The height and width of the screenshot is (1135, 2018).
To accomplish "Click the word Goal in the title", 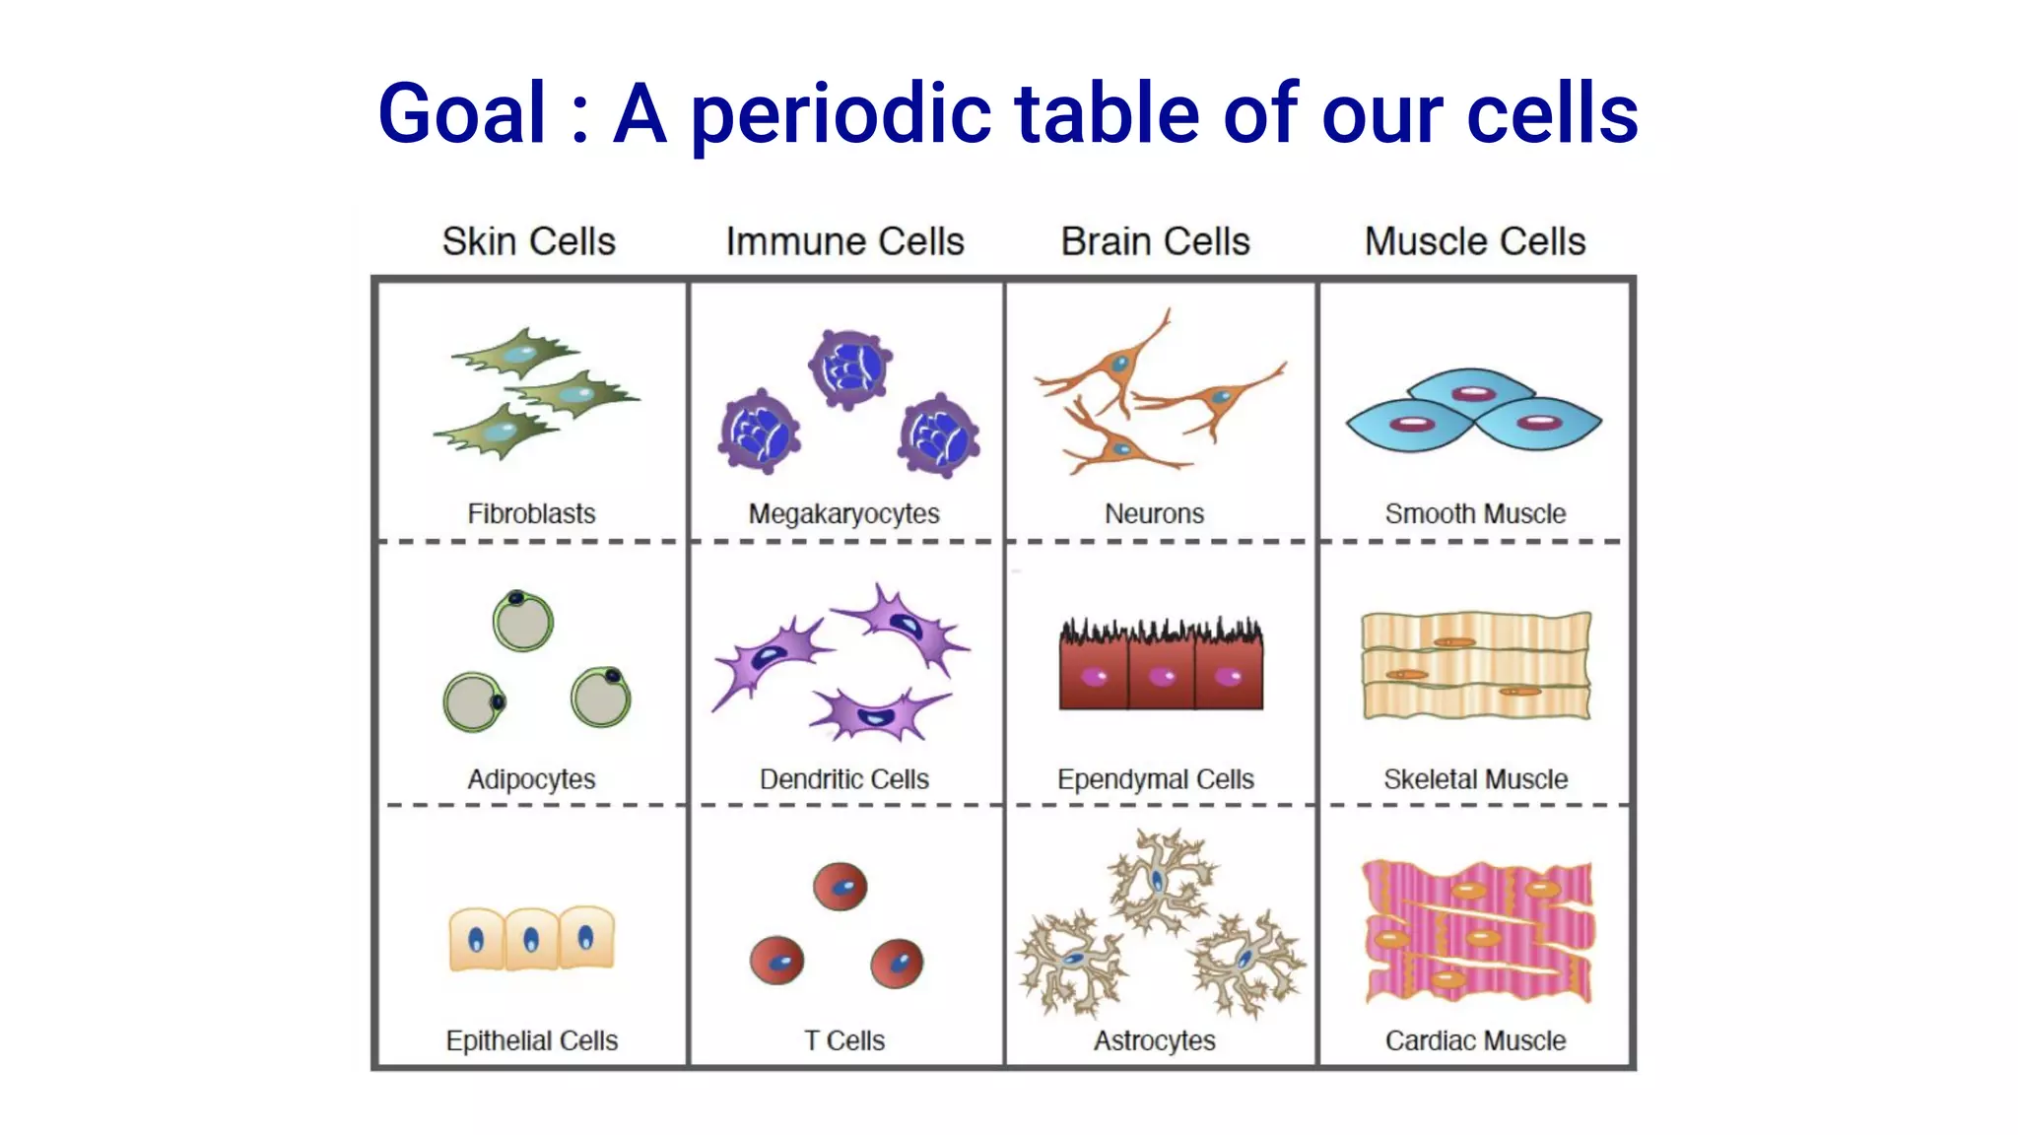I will [x=461, y=114].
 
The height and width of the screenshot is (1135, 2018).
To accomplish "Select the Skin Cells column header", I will [x=528, y=241].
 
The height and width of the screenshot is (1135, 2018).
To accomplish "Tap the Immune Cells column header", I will [x=844, y=241].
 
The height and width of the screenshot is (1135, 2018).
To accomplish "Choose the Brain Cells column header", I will [x=1155, y=241].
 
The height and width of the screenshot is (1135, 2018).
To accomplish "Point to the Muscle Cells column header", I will [x=1474, y=241].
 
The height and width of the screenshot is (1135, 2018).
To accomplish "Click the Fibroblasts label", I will [x=531, y=513].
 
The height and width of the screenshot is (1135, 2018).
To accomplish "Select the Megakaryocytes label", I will [x=843, y=514].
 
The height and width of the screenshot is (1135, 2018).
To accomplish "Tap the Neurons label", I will [x=1154, y=513].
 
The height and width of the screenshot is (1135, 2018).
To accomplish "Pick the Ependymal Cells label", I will [x=1155, y=779].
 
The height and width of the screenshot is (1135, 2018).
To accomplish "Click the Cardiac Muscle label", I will [x=1474, y=1040].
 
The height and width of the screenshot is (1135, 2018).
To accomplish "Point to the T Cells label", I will [x=843, y=1040].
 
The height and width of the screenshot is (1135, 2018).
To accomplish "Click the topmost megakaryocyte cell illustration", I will [x=849, y=368].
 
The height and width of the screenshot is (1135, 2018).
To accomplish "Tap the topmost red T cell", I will [x=840, y=887].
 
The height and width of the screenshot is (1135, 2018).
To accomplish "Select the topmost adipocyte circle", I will [x=522, y=621].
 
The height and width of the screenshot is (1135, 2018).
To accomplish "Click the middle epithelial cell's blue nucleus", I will [x=531, y=940].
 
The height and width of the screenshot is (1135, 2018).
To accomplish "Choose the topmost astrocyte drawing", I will [x=1161, y=880].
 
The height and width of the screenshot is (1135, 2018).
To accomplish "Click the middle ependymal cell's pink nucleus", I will [x=1162, y=677].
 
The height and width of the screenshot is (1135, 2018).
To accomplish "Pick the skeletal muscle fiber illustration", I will [x=1474, y=665].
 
